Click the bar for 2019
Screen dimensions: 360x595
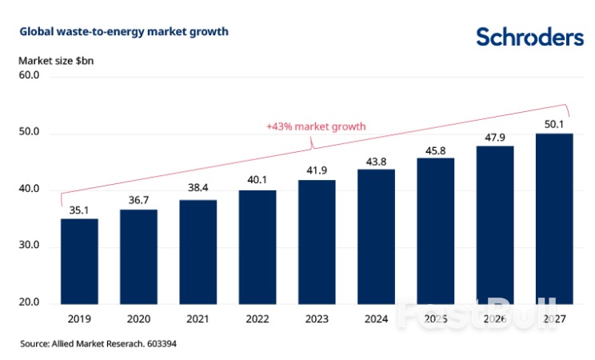79,261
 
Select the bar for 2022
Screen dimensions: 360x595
258,246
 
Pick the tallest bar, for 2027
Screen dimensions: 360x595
554,218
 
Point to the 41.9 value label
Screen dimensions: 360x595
317,172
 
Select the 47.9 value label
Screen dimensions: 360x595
495,138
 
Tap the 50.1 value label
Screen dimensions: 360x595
554,125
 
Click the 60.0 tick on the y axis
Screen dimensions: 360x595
30,75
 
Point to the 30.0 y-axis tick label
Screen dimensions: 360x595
30,246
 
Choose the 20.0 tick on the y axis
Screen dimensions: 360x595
30,303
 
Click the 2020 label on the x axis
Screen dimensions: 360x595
138,318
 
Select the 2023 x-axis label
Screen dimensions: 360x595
317,318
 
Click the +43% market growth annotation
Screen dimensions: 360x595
315,126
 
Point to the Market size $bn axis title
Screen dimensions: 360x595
53,59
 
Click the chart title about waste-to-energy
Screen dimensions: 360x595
124,32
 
